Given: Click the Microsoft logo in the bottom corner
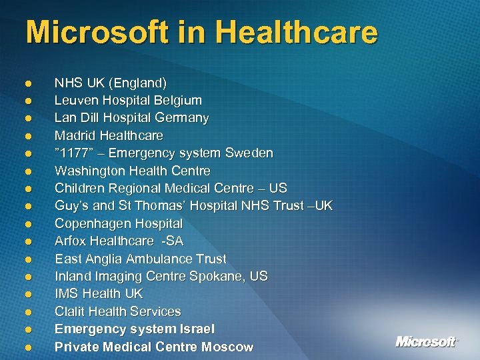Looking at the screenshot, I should (427, 341).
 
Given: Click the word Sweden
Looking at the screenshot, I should (248, 153).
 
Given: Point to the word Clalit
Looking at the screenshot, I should (71, 311).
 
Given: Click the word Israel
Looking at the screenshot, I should (197, 329).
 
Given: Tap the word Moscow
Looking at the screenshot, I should (229, 347).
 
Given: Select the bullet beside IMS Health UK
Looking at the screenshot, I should (29, 294).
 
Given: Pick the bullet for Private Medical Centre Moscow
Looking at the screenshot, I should (29, 347).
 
